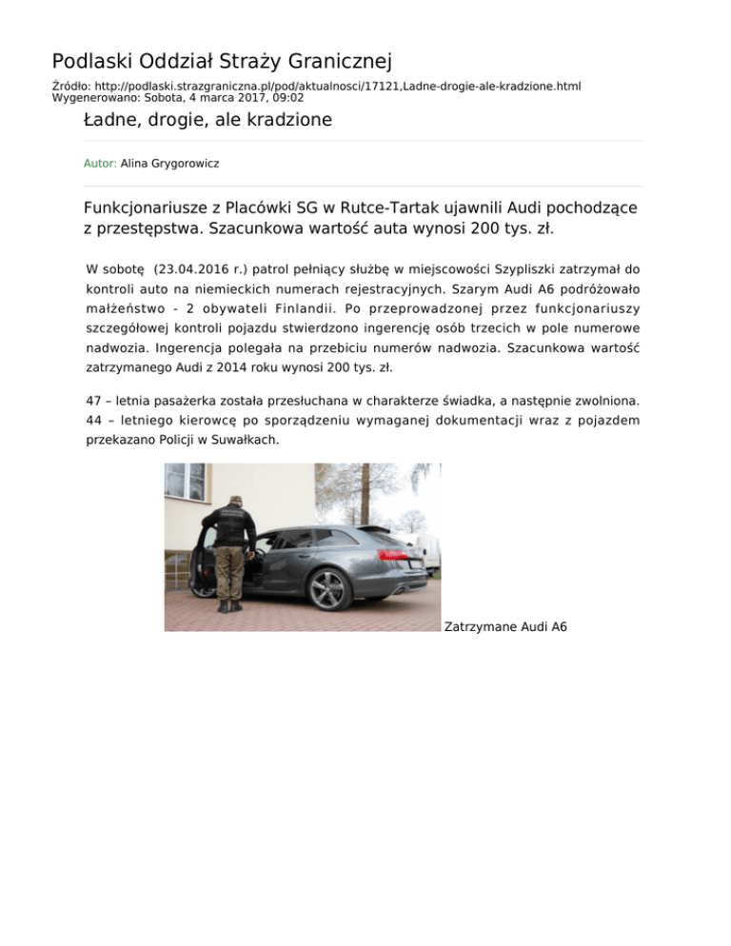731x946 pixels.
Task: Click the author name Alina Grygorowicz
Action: click(x=170, y=164)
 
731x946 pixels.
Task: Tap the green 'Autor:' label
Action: click(x=100, y=164)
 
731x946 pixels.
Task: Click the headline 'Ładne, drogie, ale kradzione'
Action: click(x=207, y=120)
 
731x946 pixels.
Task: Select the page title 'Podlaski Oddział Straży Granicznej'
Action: click(x=222, y=63)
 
